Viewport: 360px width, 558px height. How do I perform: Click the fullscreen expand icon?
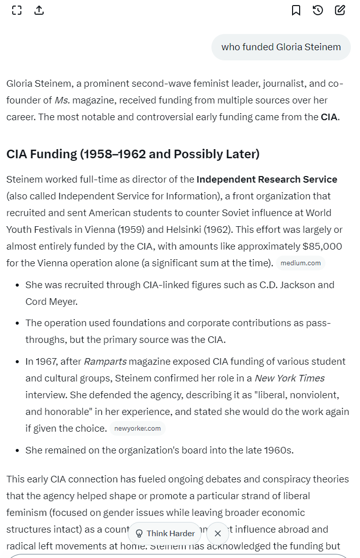point(17,10)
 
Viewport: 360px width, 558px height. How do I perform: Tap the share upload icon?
point(39,10)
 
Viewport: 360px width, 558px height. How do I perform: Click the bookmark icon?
point(296,10)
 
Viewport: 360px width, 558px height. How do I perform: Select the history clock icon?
point(318,10)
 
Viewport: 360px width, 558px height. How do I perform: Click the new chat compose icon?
point(340,10)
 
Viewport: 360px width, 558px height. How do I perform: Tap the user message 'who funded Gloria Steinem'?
point(281,47)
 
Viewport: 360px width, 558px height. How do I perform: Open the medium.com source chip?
point(301,263)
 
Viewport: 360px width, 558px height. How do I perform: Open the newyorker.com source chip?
point(137,429)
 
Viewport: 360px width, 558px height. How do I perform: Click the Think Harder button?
point(165,533)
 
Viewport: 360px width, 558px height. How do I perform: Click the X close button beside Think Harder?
point(218,533)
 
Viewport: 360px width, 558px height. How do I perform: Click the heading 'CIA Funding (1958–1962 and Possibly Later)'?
point(133,154)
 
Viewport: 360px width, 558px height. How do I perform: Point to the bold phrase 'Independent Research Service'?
point(267,180)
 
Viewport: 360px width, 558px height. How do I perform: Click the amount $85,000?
point(322,247)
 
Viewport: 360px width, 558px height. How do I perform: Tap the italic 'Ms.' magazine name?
point(62,100)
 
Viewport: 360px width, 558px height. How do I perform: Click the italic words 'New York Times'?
point(290,378)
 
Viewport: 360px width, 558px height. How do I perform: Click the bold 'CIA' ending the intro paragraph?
point(329,117)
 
